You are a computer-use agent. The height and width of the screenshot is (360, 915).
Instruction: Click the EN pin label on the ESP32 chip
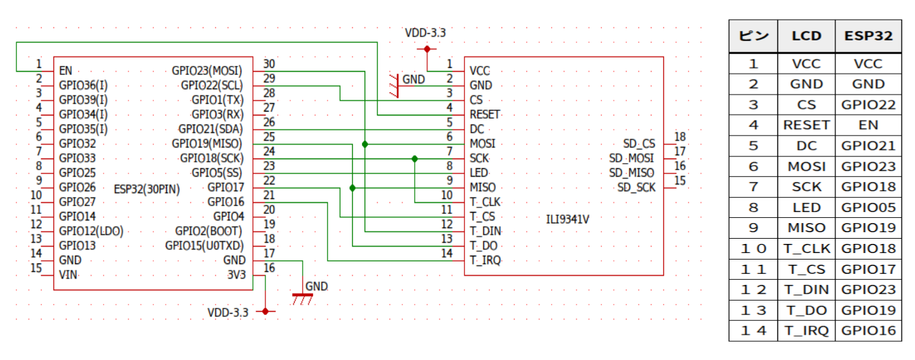[x=65, y=70]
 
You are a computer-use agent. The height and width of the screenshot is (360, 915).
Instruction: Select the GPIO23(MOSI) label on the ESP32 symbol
[x=207, y=70]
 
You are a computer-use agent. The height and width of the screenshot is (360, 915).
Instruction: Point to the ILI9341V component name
[x=567, y=218]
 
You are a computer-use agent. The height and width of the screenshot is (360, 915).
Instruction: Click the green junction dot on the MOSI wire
[x=365, y=144]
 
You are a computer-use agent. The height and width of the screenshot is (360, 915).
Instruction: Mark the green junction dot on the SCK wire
[x=415, y=158]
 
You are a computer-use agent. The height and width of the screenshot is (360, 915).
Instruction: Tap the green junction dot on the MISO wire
[x=353, y=188]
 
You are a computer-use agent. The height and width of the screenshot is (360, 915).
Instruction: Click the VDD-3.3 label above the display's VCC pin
[x=425, y=33]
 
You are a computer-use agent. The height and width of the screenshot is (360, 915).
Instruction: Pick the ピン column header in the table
[x=753, y=36]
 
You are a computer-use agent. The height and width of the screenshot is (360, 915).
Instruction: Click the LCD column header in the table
[x=806, y=36]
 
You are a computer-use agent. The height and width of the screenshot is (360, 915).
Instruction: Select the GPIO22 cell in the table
[x=868, y=104]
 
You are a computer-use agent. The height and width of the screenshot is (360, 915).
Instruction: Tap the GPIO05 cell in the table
[x=868, y=207]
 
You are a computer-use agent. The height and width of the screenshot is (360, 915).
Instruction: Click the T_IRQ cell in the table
[x=806, y=331]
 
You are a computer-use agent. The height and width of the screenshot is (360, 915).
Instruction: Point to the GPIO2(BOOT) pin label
[x=208, y=231]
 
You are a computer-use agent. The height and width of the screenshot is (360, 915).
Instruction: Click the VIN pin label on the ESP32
[x=68, y=275]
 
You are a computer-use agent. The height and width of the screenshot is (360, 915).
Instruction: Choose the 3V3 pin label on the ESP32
[x=236, y=275]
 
